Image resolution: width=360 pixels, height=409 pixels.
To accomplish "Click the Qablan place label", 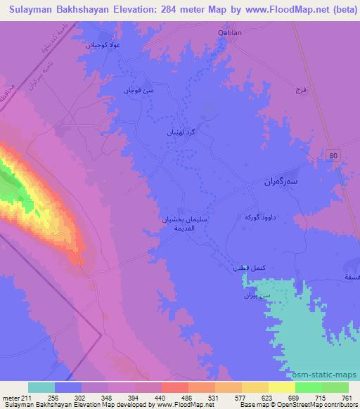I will pyautogui.click(x=229, y=32).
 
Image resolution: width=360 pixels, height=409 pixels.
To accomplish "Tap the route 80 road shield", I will pyautogui.click(x=334, y=155).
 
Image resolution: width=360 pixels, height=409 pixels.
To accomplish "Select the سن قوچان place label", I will pyautogui.click(x=139, y=91).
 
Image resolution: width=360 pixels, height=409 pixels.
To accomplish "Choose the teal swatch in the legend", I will pyautogui.click(x=41, y=387).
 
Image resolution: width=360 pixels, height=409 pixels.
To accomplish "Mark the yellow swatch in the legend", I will pyautogui.click(x=255, y=387).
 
